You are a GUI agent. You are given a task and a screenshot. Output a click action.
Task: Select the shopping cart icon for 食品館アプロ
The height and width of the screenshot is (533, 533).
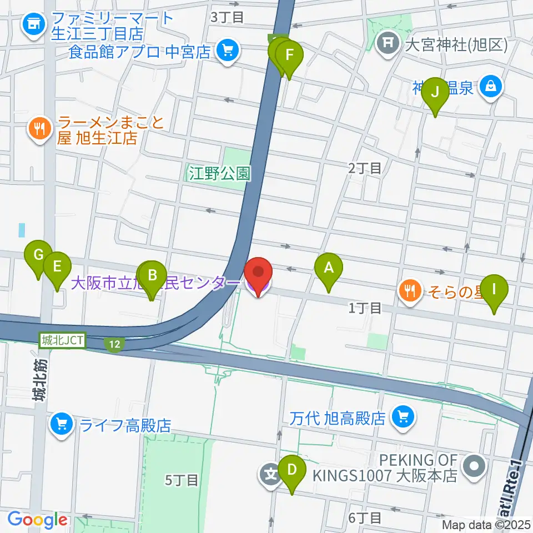pyautogui.click(x=227, y=52)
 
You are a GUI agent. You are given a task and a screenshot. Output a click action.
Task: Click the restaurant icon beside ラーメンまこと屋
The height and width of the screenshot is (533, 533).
pyautogui.click(x=39, y=129)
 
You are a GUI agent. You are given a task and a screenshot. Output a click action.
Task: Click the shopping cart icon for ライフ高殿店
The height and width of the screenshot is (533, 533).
pyautogui.click(x=62, y=425)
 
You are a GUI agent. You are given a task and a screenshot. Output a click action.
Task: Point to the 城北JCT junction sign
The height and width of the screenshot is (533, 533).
pyautogui.click(x=62, y=341)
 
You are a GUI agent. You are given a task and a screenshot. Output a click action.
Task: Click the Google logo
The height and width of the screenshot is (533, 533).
pyautogui.click(x=38, y=520)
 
